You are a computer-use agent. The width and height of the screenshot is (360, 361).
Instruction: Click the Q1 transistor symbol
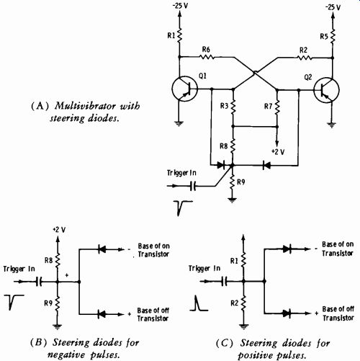pyautogui.click(x=184, y=89)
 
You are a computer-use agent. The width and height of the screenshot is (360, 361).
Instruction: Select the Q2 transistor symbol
pyautogui.click(x=326, y=90)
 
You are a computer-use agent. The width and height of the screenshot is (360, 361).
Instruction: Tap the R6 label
pyautogui.click(x=206, y=50)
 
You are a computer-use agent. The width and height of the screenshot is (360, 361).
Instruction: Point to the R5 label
pyautogui.click(x=324, y=36)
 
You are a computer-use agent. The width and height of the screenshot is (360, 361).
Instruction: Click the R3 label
pyautogui.click(x=225, y=106)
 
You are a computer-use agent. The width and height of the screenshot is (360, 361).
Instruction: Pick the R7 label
pyautogui.click(x=269, y=106)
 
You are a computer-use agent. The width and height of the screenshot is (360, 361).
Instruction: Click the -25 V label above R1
pyautogui.click(x=181, y=6)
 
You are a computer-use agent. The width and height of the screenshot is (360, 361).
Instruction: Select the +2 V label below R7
pyautogui.click(x=278, y=152)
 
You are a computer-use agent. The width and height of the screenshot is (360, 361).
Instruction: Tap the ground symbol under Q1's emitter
pyautogui.click(x=179, y=123)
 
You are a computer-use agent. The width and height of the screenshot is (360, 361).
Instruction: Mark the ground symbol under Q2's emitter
pyautogui.click(x=332, y=125)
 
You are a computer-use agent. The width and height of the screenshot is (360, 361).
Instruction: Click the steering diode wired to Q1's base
pyautogui.click(x=221, y=165)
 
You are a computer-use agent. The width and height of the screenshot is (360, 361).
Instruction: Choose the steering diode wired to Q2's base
pyautogui.click(x=266, y=165)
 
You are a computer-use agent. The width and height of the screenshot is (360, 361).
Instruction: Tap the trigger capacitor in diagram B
pyautogui.click(x=39, y=281)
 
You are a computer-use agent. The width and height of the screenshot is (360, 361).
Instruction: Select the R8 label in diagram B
pyautogui.click(x=48, y=260)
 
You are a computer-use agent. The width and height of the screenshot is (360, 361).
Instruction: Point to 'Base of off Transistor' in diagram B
pyautogui.click(x=153, y=314)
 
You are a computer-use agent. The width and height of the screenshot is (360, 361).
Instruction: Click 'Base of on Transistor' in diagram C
pyautogui.click(x=338, y=249)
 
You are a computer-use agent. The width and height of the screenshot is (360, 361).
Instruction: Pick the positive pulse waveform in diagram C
pyautogui.click(x=199, y=303)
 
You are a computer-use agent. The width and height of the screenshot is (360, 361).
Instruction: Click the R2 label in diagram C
pyautogui.click(x=235, y=303)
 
